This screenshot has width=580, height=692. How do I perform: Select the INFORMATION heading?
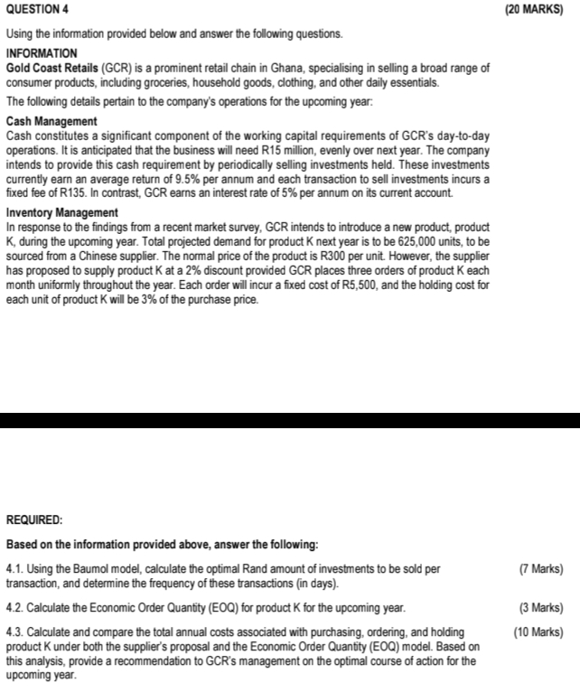pos(42,54)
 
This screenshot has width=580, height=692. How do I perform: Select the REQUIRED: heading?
pos(35,521)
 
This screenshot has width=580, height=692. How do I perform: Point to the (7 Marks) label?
pos(542,569)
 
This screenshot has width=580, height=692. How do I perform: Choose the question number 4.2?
pos(14,607)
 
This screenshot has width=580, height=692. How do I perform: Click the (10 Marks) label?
pos(538,631)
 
